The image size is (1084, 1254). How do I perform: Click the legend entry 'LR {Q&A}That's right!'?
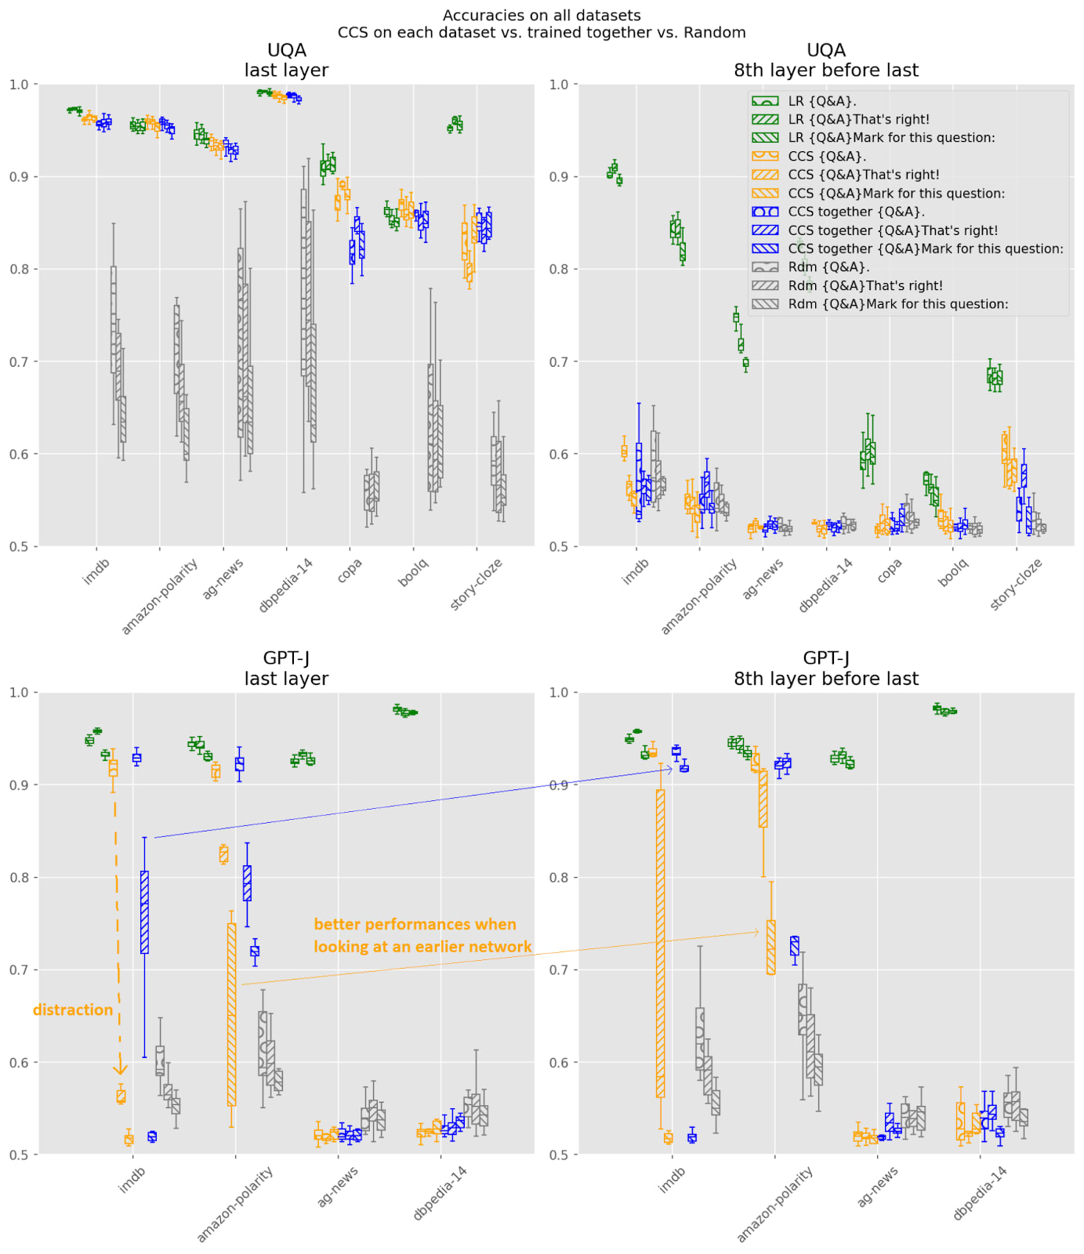coord(858,119)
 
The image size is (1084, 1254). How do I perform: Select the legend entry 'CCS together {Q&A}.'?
coord(856,212)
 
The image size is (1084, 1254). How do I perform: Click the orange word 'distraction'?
coord(73,1009)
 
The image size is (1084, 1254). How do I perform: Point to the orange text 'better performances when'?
coord(415,924)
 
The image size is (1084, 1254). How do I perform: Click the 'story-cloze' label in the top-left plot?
coord(476,584)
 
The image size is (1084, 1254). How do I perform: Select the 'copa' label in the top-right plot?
coord(890,571)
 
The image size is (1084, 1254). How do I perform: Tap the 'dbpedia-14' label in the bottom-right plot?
coord(981,1193)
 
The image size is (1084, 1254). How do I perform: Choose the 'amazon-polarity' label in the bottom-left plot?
coord(234,1204)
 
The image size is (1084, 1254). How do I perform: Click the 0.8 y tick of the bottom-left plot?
coord(19,878)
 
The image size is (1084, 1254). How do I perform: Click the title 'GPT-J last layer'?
coord(286,669)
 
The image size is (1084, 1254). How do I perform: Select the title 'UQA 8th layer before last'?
coord(825,60)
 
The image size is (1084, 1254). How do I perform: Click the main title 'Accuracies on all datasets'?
coord(542,15)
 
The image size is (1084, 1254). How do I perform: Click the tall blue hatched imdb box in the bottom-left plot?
coord(144,912)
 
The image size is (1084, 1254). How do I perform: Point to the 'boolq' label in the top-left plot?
coord(413,573)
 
